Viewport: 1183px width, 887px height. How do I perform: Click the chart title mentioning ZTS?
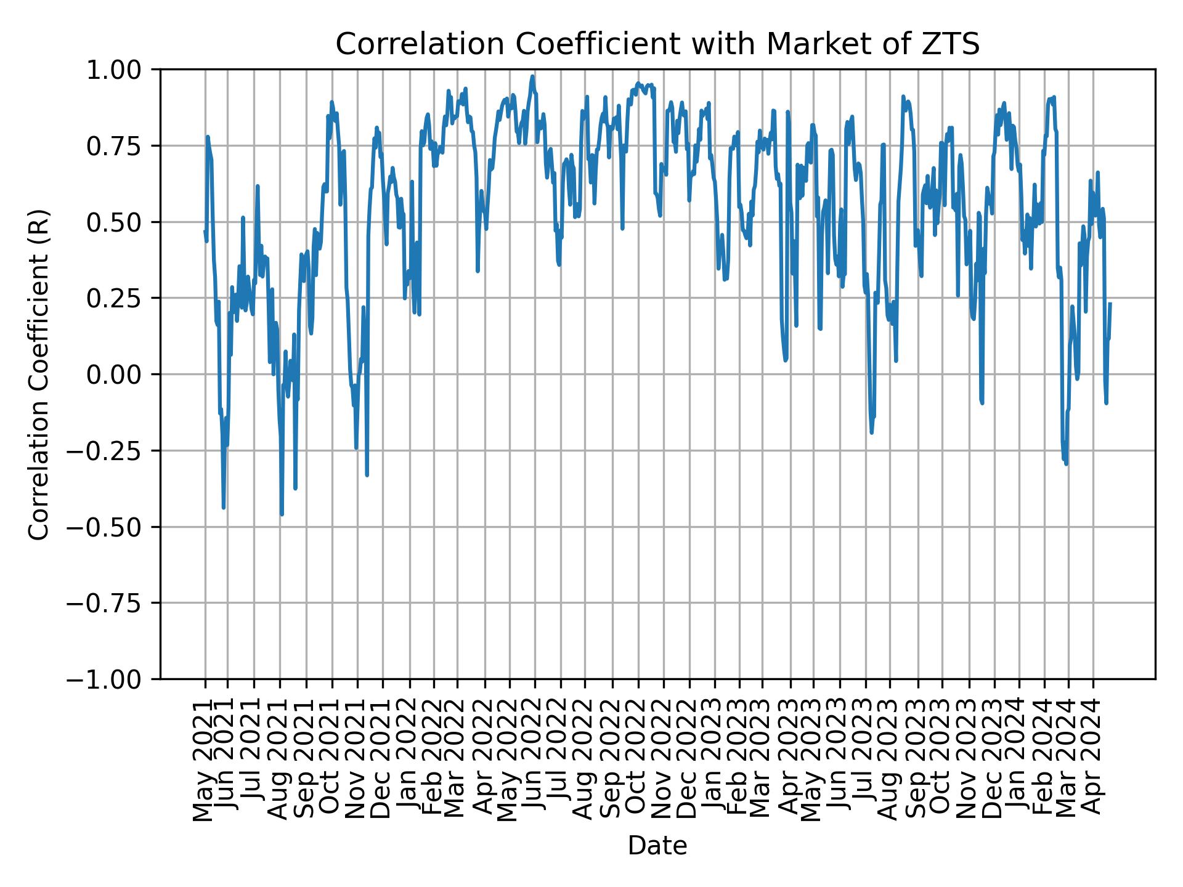point(657,45)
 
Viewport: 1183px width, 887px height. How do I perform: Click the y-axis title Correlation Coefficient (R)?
point(39,374)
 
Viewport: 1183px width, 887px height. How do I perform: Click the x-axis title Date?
point(657,846)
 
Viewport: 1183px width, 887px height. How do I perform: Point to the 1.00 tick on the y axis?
point(123,70)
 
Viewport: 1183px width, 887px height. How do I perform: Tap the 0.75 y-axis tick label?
point(123,146)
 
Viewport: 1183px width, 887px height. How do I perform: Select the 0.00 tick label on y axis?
point(123,375)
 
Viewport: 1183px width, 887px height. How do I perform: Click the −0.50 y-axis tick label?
point(113,527)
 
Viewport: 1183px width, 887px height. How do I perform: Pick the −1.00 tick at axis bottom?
point(113,679)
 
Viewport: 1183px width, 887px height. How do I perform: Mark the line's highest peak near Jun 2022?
point(532,76)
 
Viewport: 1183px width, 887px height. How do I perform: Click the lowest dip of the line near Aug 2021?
point(282,514)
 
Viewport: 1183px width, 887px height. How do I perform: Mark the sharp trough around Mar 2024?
point(1066,464)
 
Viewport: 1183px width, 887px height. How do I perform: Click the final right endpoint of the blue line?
point(1110,303)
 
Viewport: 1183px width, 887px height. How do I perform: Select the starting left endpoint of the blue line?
point(205,231)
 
